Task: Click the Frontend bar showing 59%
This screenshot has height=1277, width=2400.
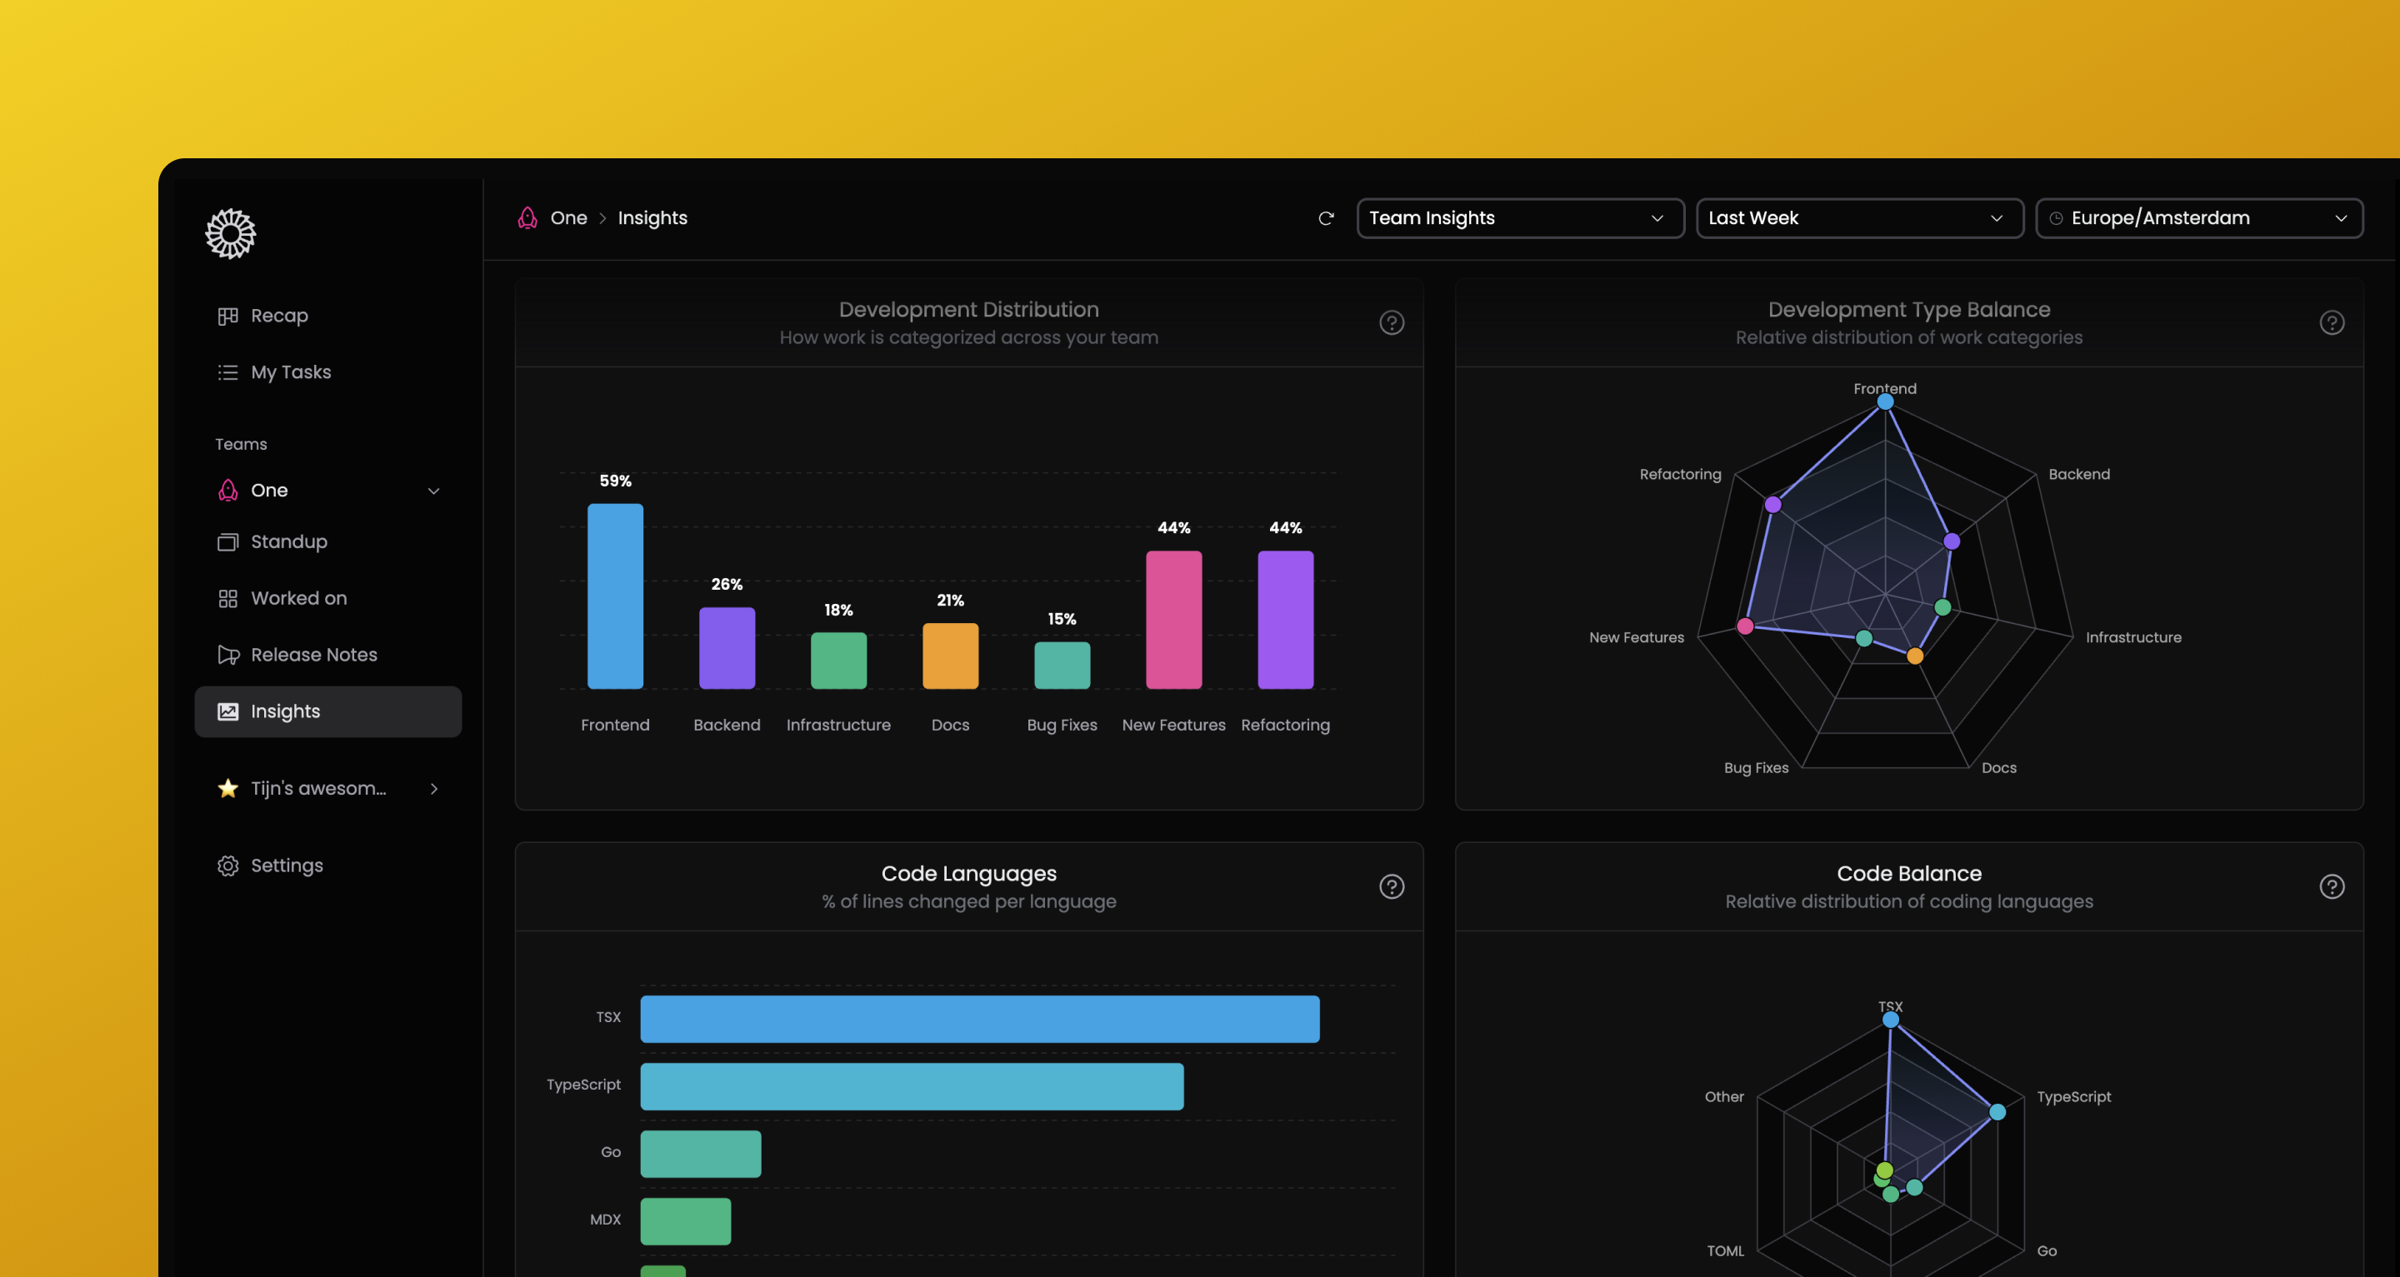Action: pos(615,596)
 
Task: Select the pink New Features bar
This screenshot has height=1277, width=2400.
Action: pos(1173,620)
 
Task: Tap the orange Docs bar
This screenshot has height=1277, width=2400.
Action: pos(949,656)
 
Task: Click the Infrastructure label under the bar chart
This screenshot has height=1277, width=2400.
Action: pos(837,725)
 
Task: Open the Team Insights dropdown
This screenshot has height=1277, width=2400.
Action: pos(1519,218)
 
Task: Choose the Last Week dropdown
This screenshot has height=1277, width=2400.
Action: pos(1858,218)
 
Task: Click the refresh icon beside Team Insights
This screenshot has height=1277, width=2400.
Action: pos(1326,218)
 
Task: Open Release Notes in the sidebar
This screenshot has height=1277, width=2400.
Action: pos(313,655)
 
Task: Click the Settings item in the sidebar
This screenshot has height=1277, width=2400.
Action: pos(286,865)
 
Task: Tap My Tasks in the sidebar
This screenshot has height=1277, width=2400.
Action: pos(290,372)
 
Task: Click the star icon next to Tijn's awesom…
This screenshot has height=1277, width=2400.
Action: pos(228,788)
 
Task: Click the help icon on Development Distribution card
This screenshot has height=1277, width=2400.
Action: pos(1391,322)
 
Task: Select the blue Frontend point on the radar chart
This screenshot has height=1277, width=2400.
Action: pos(1885,402)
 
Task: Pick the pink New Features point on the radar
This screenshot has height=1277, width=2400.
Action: pos(1745,626)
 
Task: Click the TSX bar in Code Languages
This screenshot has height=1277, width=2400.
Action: pos(979,1018)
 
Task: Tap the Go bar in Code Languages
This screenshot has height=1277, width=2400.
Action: pos(700,1153)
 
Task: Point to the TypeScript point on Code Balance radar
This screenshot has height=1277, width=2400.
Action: pos(1997,1111)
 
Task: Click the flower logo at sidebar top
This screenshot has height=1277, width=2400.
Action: pos(230,233)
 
